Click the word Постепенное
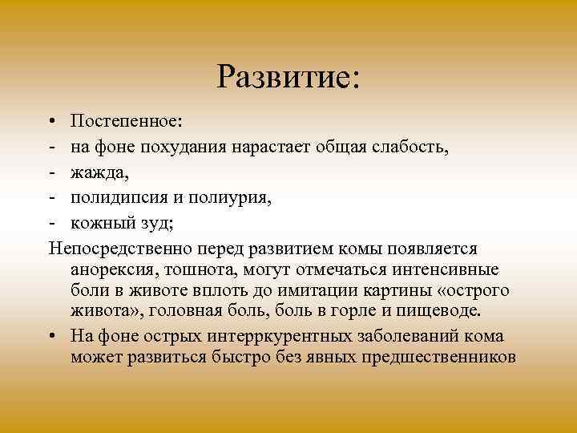coord(126,120)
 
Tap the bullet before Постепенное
coord(51,121)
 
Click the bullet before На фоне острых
coord(51,334)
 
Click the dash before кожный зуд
coord(51,223)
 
